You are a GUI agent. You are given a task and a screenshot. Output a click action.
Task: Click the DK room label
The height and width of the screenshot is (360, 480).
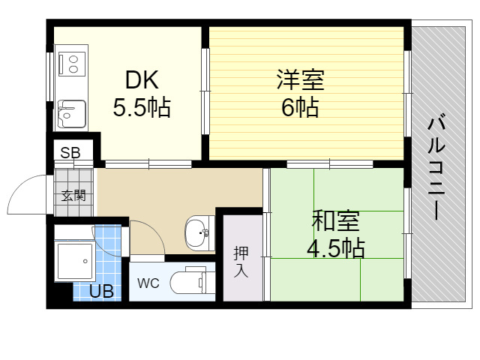tap(142, 80)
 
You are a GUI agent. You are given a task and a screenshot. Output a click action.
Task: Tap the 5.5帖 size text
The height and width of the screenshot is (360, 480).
tap(142, 107)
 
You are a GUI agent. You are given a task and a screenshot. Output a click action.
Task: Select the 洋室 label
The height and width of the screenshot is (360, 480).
tap(300, 80)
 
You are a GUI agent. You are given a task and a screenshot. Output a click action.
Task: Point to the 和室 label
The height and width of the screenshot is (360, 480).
tap(335, 220)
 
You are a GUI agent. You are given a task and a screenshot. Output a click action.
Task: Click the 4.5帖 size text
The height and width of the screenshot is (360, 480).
tap(336, 247)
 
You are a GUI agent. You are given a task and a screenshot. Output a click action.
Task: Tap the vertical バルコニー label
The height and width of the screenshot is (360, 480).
tap(436, 166)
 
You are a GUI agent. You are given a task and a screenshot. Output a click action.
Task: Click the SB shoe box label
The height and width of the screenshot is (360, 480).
tap(70, 152)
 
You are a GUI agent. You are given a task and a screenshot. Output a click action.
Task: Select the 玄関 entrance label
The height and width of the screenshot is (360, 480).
tap(73, 195)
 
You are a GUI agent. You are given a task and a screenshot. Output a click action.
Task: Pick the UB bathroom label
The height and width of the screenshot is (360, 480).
tap(102, 292)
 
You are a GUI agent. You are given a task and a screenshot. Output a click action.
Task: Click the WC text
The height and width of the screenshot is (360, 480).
tap(148, 283)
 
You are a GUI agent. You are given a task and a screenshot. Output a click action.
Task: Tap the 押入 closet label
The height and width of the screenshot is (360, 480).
tap(241, 262)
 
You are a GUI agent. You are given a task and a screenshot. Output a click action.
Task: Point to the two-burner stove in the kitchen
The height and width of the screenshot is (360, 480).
tap(72, 64)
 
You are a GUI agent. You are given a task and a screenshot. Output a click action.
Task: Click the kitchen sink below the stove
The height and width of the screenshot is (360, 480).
tap(72, 114)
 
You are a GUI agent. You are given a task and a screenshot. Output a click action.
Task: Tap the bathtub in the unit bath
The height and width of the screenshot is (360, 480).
tap(75, 261)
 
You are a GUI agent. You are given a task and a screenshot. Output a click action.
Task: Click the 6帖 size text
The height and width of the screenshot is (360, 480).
tap(300, 107)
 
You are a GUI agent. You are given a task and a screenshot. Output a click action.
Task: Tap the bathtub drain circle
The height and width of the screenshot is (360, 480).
tap(85, 262)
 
